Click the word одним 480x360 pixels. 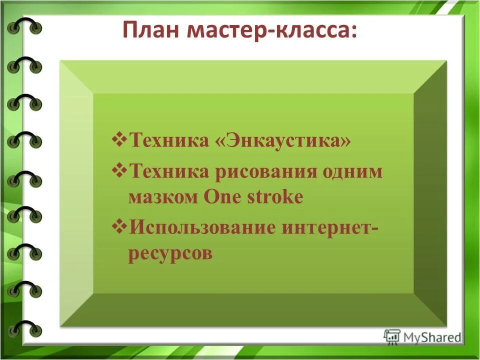tap(352, 172)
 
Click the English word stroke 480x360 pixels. tap(275, 197)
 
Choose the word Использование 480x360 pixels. tap(202, 228)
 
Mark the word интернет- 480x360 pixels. tap(330, 228)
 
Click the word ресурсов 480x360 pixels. tap(170, 253)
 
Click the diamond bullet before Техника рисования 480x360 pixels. tap(119, 169)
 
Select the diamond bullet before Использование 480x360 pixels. tap(119, 225)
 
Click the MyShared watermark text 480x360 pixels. tap(432, 337)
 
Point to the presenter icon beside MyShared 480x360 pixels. tap(392, 336)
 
